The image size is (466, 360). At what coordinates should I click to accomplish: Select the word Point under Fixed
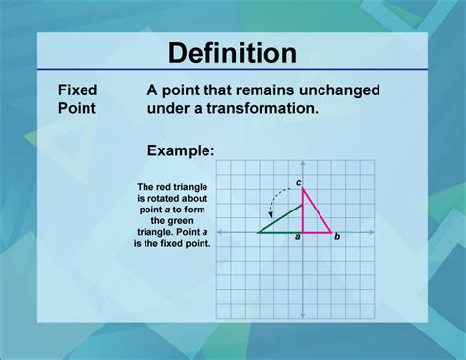coord(76,108)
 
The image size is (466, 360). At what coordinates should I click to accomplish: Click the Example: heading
coord(181,150)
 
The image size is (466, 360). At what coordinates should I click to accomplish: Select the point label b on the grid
coord(337,237)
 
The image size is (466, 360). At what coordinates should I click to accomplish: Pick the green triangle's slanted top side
coord(280,219)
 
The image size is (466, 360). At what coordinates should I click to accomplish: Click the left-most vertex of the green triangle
coord(258,232)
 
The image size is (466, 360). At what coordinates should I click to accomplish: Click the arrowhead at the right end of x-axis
coord(372,232)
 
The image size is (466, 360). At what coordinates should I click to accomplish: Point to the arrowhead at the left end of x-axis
coord(218,232)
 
